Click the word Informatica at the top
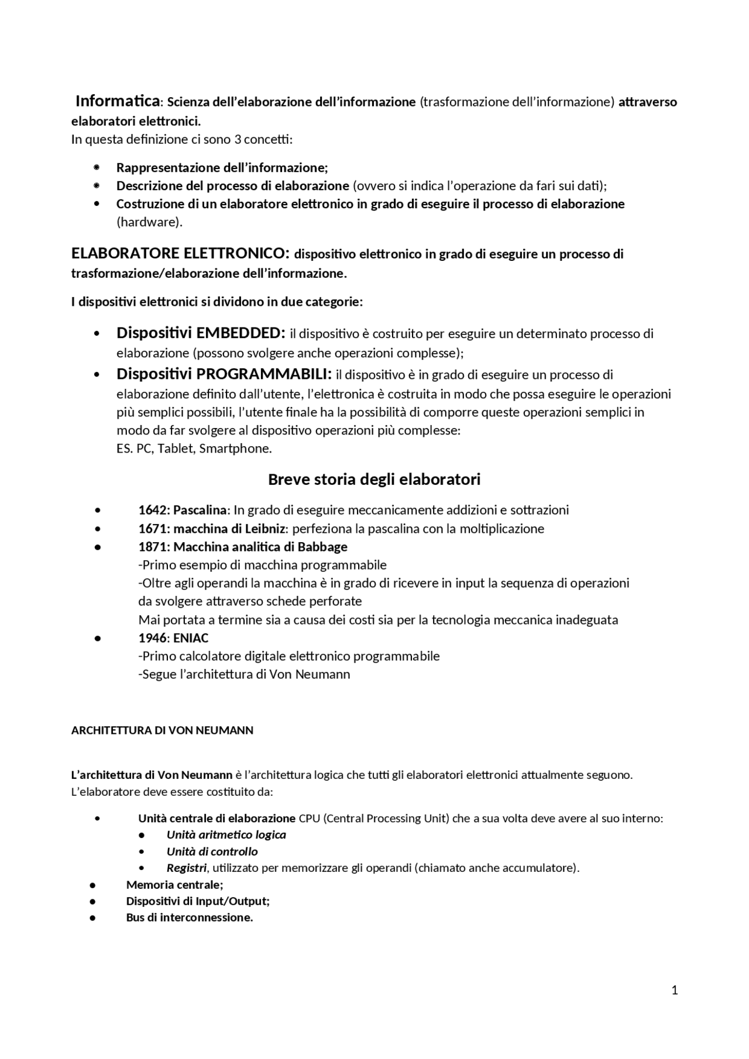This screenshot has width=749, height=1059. [x=117, y=101]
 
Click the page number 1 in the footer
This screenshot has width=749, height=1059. [x=675, y=990]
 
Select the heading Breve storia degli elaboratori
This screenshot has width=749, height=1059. [x=374, y=480]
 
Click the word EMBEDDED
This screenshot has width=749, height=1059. [x=240, y=333]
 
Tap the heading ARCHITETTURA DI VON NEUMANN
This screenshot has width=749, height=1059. [x=162, y=730]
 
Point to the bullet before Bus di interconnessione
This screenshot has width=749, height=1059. [x=93, y=917]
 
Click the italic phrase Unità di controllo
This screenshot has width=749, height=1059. [x=212, y=851]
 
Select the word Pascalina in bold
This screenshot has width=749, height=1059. [x=200, y=510]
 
